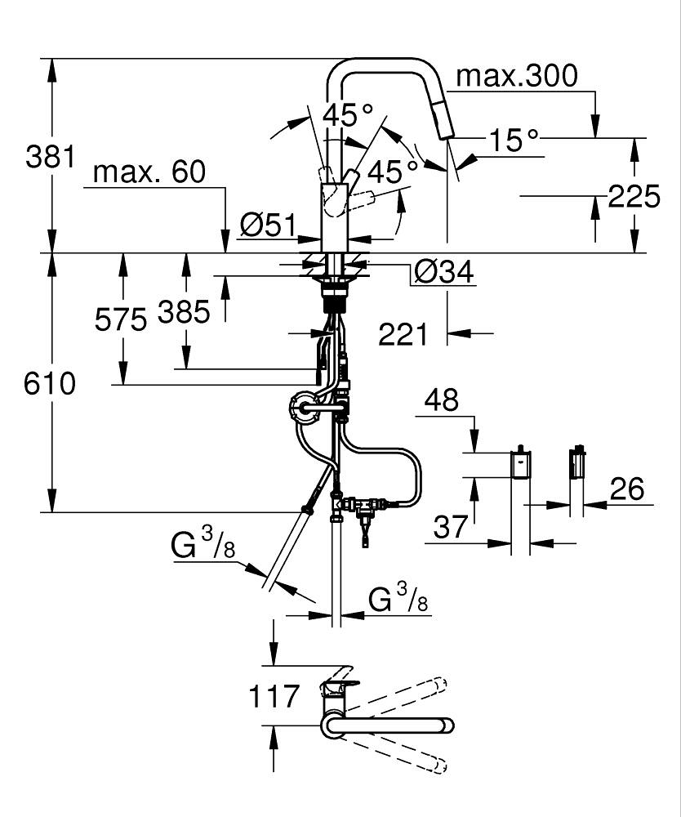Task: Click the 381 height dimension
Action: pyautogui.click(x=51, y=156)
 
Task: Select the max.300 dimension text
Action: pyautogui.click(x=516, y=76)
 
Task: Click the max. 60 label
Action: pyautogui.click(x=149, y=172)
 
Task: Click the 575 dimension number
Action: pyautogui.click(x=121, y=319)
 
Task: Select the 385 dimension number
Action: pyautogui.click(x=184, y=312)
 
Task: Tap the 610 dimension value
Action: pyautogui.click(x=51, y=383)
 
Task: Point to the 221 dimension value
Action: pyautogui.click(x=403, y=333)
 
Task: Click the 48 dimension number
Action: pyautogui.click(x=441, y=400)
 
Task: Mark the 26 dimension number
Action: pyautogui.click(x=626, y=489)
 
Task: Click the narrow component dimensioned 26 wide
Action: pyautogui.click(x=577, y=463)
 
